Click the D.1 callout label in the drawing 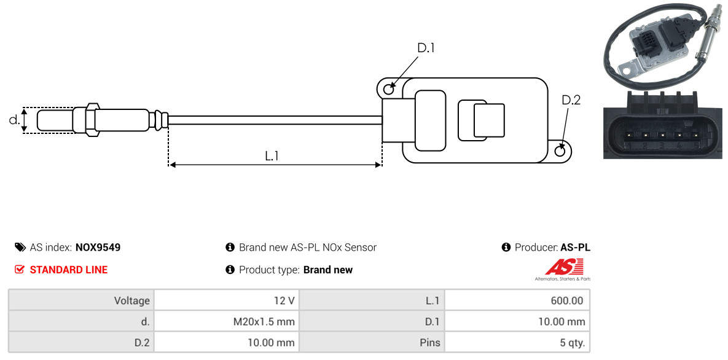(x=426, y=48)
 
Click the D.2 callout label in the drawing (x=571, y=100)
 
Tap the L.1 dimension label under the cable (x=272, y=156)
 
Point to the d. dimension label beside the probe (x=14, y=120)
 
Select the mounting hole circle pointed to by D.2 (x=560, y=151)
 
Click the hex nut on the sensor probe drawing (x=92, y=120)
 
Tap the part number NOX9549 (x=98, y=248)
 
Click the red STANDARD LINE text (x=69, y=270)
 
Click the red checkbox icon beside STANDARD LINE (x=20, y=270)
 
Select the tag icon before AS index (x=20, y=247)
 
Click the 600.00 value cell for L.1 (x=517, y=300)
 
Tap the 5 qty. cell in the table (x=517, y=343)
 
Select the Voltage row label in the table (x=132, y=301)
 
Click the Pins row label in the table (x=429, y=343)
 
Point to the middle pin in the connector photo (x=661, y=135)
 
